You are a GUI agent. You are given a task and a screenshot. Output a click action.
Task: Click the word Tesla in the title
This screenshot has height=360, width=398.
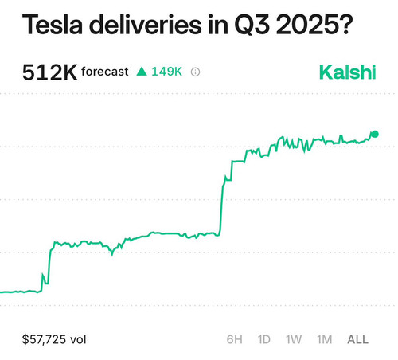click(x=53, y=25)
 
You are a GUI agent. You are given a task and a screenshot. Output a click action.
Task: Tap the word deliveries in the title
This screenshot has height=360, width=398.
click(x=146, y=25)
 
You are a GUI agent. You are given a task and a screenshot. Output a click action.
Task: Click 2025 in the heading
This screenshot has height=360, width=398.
click(x=308, y=25)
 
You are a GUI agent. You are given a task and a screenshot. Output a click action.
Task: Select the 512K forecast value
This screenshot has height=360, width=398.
click(x=49, y=72)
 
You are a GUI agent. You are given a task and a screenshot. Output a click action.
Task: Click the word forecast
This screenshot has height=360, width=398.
click(x=105, y=72)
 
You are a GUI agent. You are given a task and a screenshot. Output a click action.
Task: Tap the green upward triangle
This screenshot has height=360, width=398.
click(x=142, y=72)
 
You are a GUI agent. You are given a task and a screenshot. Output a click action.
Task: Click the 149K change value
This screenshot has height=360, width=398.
click(x=166, y=72)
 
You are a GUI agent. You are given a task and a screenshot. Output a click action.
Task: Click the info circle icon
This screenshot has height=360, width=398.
click(x=196, y=72)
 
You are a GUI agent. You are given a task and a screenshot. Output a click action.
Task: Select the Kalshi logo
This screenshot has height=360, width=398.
click(x=348, y=72)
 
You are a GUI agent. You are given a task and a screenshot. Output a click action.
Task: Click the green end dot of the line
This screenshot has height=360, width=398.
click(x=375, y=135)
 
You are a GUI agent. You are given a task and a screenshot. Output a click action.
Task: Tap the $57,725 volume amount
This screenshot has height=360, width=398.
click(x=44, y=339)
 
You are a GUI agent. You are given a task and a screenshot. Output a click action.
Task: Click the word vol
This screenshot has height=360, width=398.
click(x=78, y=339)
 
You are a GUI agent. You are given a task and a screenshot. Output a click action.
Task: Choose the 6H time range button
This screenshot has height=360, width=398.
click(x=235, y=339)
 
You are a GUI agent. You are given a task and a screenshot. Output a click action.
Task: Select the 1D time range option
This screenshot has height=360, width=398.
click(x=264, y=339)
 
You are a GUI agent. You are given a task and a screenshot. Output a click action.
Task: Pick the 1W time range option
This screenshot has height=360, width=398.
click(x=294, y=339)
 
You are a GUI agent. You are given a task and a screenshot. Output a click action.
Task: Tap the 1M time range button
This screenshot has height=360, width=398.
click(x=325, y=339)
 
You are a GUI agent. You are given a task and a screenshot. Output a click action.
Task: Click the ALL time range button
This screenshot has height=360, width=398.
click(x=358, y=339)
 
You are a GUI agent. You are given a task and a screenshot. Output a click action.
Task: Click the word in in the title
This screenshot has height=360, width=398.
click(x=218, y=25)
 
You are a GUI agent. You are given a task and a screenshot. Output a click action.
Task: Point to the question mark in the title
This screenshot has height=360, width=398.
click(x=346, y=25)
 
